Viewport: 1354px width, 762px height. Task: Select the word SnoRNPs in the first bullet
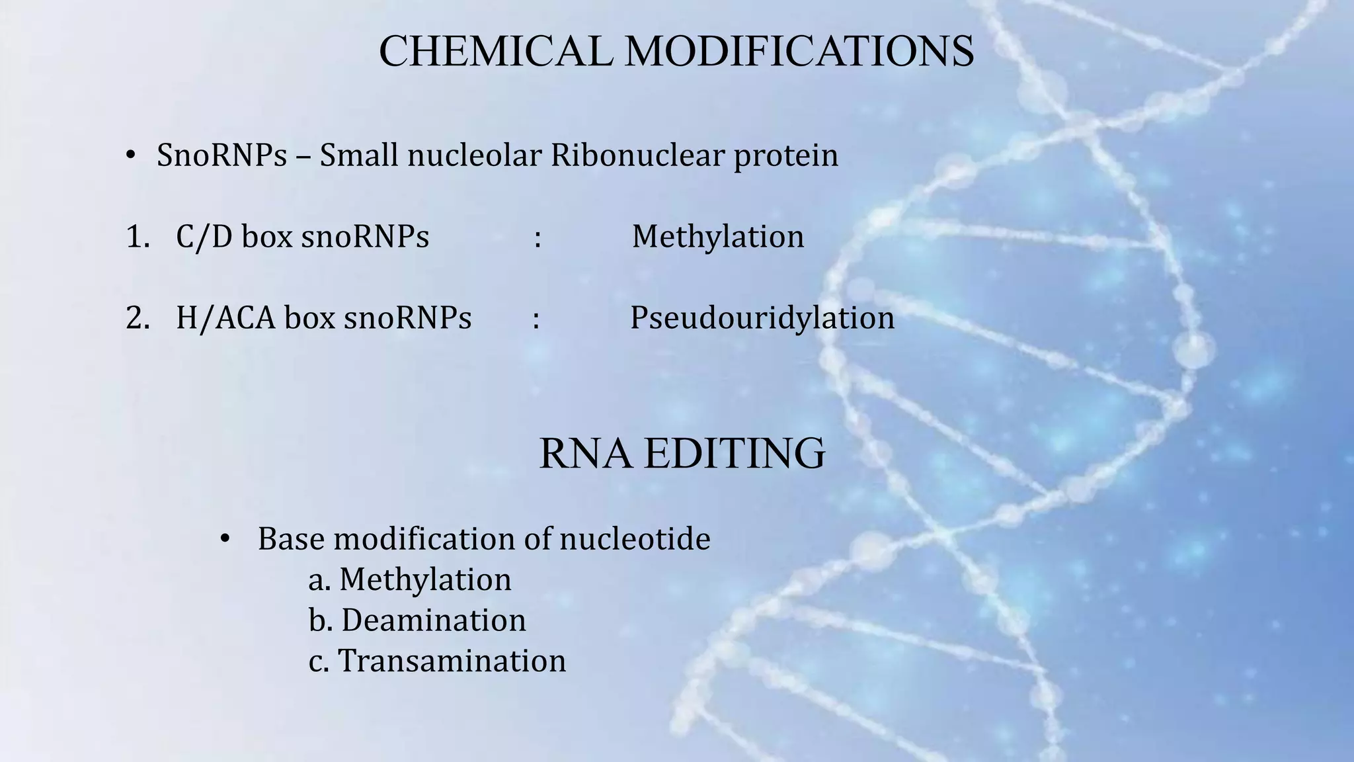(x=221, y=156)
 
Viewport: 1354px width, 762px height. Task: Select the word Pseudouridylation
(x=762, y=318)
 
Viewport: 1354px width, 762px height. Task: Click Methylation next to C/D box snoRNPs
(x=718, y=237)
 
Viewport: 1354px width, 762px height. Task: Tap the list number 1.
(x=137, y=237)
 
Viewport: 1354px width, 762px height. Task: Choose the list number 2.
(x=137, y=318)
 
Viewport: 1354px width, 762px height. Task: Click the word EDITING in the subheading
(x=735, y=454)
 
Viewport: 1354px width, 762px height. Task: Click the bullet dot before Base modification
(x=225, y=540)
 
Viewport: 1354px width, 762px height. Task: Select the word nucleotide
(x=635, y=538)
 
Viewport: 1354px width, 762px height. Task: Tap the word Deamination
(x=433, y=620)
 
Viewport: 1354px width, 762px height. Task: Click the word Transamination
(x=452, y=661)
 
